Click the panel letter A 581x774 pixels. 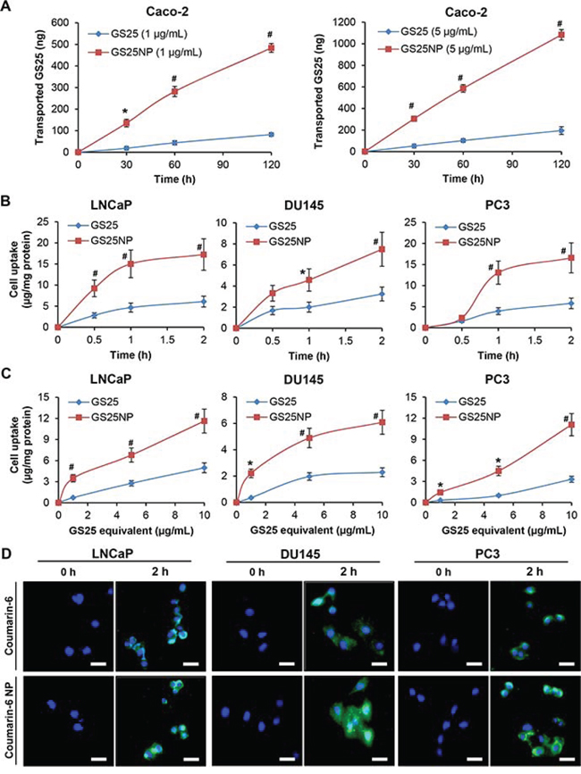(x=7, y=6)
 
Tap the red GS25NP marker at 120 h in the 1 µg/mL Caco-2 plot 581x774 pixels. (x=270, y=48)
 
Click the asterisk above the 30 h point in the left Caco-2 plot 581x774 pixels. (x=128, y=111)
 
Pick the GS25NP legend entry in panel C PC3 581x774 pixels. (x=471, y=397)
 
